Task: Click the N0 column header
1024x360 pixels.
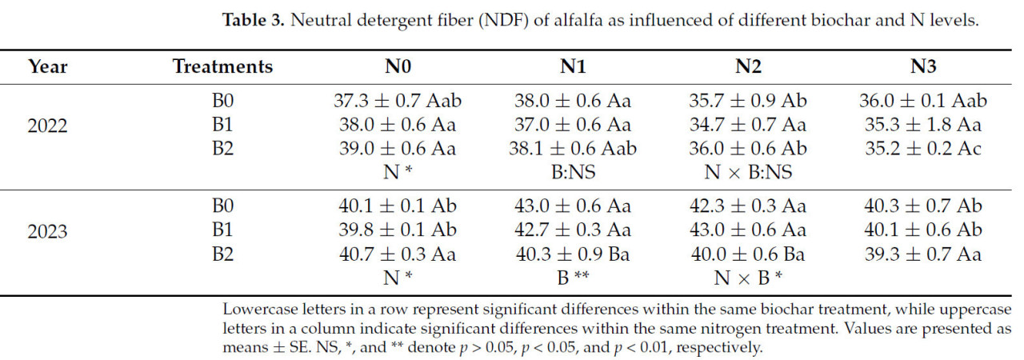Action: click(x=398, y=66)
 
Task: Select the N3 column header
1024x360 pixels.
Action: click(x=923, y=66)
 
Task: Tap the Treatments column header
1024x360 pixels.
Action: click(x=222, y=66)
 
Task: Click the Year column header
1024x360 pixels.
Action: click(x=47, y=66)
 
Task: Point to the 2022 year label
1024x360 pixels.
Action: click(x=47, y=126)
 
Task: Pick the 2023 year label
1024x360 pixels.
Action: click(x=47, y=232)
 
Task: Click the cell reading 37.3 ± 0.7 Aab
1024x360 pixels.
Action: click(x=398, y=102)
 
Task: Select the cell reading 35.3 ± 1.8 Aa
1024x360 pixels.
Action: click(x=923, y=125)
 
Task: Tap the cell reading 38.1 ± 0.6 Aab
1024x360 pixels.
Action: click(x=573, y=149)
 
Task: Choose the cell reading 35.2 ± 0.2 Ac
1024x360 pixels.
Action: click(x=923, y=149)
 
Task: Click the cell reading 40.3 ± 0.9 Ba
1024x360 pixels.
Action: click(x=573, y=255)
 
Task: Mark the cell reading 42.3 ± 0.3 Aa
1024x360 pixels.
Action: click(x=748, y=206)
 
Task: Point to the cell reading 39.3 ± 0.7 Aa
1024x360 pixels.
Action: click(x=923, y=255)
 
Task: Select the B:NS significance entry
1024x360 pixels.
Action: click(x=573, y=172)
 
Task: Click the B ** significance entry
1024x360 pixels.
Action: click(x=573, y=278)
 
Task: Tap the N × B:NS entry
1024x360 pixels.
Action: click(x=748, y=172)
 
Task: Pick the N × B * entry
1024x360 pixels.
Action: click(x=748, y=278)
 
